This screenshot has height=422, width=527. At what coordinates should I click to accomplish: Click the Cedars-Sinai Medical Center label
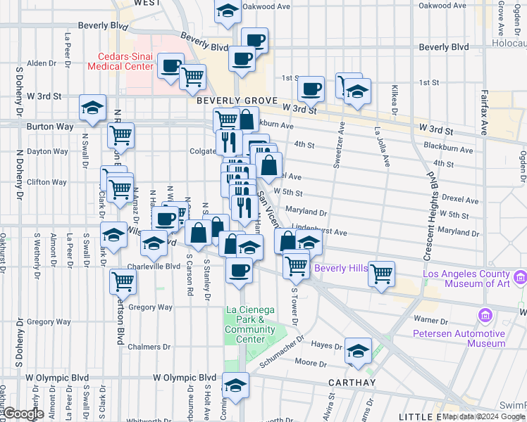(x=120, y=61)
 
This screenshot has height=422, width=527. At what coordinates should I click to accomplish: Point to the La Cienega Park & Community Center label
(x=245, y=324)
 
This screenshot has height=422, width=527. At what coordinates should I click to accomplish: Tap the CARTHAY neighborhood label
(x=352, y=382)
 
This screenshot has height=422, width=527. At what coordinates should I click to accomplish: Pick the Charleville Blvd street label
(x=154, y=267)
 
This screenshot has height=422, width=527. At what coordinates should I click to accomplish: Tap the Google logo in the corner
(x=24, y=414)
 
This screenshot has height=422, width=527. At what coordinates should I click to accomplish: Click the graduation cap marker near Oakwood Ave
(x=228, y=11)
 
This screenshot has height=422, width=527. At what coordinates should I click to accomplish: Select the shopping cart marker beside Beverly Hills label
(x=381, y=273)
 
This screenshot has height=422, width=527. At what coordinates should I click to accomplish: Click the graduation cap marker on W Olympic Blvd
(x=235, y=385)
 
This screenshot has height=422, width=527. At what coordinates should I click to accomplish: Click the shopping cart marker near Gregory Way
(x=123, y=281)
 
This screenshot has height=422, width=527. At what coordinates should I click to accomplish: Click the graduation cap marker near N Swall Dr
(x=92, y=108)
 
